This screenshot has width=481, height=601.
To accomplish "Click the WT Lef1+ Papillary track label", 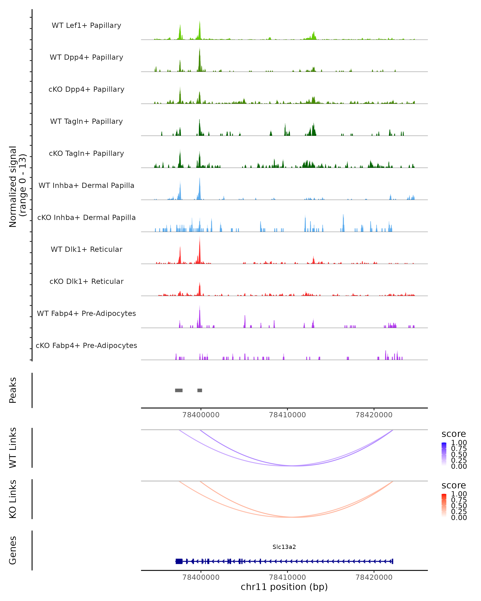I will [x=86, y=25].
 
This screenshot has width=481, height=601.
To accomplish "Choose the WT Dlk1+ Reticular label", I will [x=86, y=249].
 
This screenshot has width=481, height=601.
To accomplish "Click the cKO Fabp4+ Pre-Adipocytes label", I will [x=86, y=345].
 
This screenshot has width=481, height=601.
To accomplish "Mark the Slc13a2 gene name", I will [x=284, y=547].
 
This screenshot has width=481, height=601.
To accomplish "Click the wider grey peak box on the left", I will [x=179, y=390].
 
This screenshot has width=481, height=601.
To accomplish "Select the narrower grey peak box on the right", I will [x=200, y=390].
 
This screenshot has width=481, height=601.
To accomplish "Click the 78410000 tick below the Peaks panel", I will [x=287, y=415].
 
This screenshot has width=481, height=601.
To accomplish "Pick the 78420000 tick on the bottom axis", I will [x=374, y=577].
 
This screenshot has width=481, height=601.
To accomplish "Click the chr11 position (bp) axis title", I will [x=284, y=587].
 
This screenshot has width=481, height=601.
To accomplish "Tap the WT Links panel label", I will [x=13, y=448].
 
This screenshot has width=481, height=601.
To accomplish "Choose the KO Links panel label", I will [x=13, y=499].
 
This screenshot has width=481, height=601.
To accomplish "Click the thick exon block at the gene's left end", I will [x=179, y=561].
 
